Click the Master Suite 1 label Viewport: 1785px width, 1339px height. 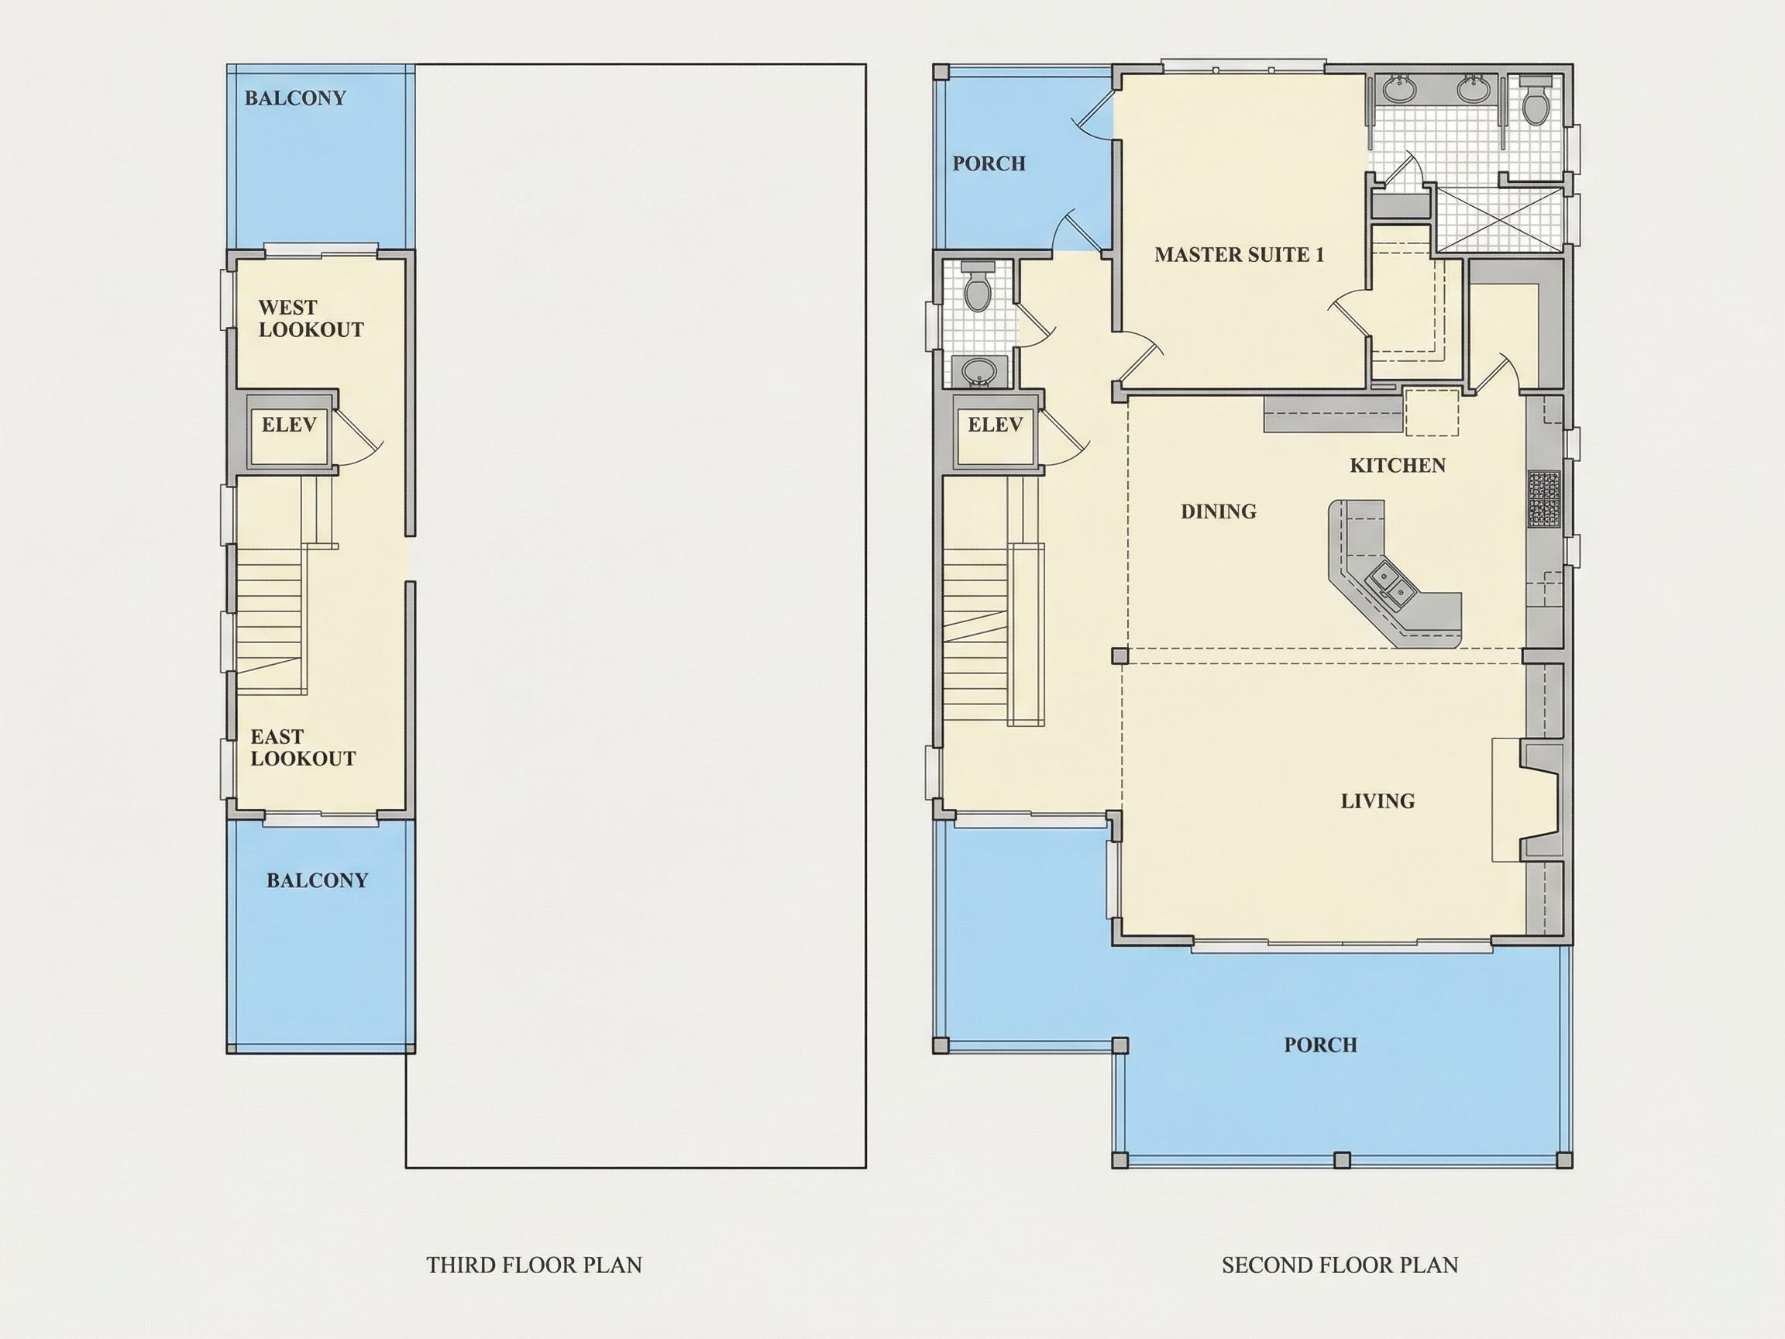1240,255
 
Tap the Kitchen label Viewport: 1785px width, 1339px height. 1398,466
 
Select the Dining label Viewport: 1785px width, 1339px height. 1219,511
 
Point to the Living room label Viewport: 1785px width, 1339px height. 1377,801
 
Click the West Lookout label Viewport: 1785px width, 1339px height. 311,318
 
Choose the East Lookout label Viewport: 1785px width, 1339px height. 303,749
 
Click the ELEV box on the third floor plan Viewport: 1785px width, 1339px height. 289,431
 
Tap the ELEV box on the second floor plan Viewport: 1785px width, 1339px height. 995,431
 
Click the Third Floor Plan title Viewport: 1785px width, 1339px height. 535,1265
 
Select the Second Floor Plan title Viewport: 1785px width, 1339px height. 1340,1265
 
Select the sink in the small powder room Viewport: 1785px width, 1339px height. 979,371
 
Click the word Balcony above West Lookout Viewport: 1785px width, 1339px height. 295,98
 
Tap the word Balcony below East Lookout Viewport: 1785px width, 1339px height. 317,880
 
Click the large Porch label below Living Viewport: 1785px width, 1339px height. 1321,1045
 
